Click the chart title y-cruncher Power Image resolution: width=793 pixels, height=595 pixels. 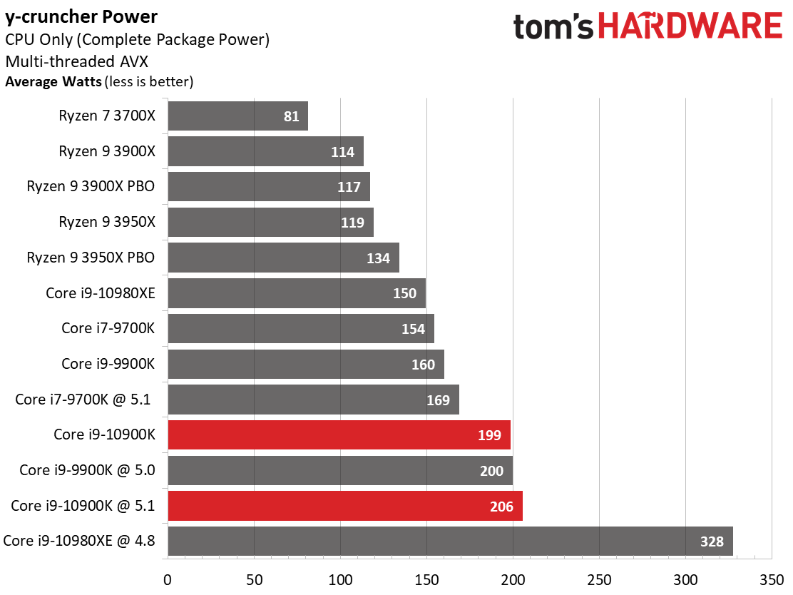tap(81, 17)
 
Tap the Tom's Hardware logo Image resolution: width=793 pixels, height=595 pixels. tap(648, 26)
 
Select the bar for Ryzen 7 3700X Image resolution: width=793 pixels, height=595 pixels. tap(237, 116)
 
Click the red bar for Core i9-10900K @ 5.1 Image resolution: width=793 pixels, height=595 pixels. tap(345, 505)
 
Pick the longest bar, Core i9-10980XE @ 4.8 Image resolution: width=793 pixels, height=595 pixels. tap(450, 541)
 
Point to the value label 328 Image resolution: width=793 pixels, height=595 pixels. tap(712, 541)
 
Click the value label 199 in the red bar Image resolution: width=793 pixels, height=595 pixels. tap(489, 435)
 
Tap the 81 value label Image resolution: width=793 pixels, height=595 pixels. tap(291, 116)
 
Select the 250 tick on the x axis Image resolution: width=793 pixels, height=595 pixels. tap(599, 580)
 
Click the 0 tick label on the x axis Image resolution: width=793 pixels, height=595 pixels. tap(168, 580)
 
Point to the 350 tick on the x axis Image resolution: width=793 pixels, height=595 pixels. tap(772, 580)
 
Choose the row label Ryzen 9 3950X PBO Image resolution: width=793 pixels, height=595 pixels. tap(91, 258)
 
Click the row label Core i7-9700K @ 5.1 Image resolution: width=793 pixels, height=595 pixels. tap(83, 400)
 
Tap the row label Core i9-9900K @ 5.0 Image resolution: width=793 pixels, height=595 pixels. tap(87, 470)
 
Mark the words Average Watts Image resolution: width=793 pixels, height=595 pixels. tap(53, 81)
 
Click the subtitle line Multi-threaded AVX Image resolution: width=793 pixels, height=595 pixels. tap(77, 61)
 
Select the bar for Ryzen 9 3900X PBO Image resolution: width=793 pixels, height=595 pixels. tap(269, 187)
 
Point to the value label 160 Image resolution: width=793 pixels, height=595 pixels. tap(423, 365)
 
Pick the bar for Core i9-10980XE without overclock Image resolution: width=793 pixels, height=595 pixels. tap(297, 293)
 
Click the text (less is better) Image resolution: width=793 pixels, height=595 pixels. tap(149, 82)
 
